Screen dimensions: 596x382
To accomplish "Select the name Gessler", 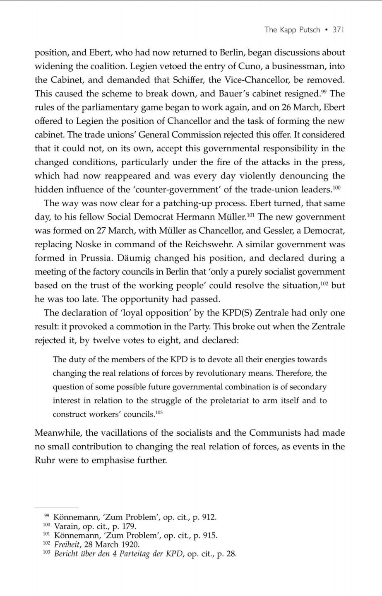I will pos(266,230).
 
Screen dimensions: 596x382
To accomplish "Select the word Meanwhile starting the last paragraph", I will pos(58,433).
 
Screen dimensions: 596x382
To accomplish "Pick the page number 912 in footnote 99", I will pos(207,517).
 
